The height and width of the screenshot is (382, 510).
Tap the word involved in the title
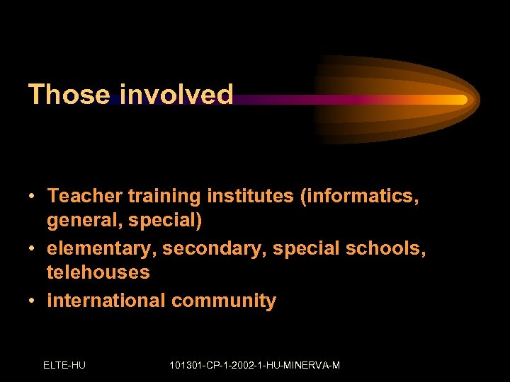[176, 95]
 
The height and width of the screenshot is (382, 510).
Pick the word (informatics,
[360, 196]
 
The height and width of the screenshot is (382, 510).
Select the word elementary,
[102, 248]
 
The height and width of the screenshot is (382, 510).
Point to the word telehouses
[98, 272]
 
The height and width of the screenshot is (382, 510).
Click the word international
[106, 300]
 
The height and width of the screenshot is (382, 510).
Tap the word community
[224, 301]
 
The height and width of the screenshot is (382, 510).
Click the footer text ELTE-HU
[64, 365]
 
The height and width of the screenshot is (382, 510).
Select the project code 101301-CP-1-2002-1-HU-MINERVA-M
[255, 365]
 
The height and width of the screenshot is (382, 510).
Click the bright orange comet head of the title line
[457, 100]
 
